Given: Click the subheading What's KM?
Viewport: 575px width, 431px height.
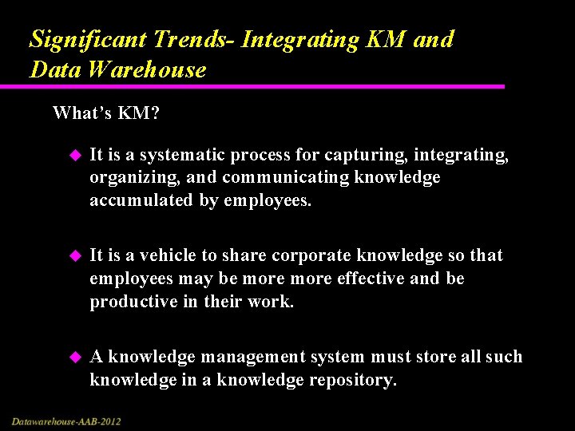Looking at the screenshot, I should [105, 113].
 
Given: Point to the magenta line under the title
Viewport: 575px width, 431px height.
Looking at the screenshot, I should [264, 86].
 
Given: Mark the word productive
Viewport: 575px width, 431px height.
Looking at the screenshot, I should [128, 302].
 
